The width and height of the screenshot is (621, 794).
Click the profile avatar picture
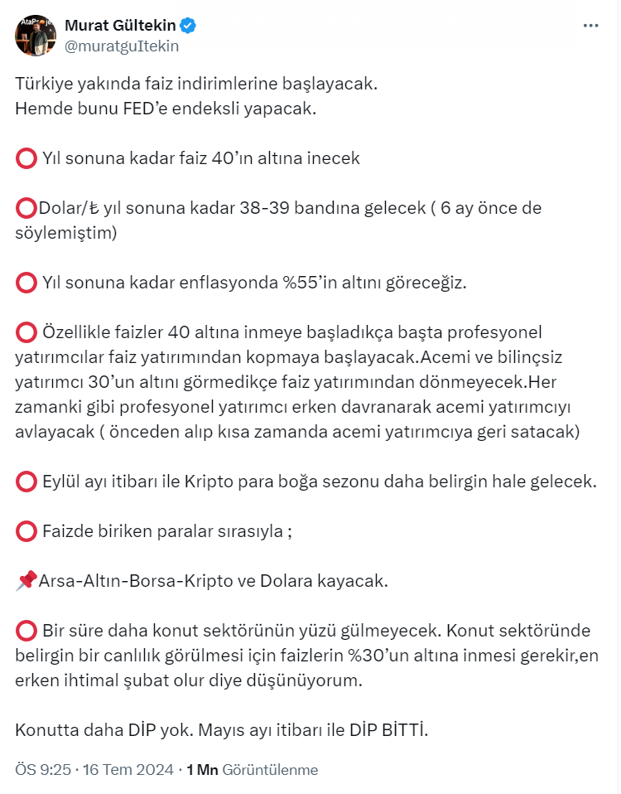point(34,35)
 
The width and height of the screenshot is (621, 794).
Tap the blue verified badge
point(189,27)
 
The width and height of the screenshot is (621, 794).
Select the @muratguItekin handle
point(122,46)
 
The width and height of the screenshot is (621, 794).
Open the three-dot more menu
point(590,27)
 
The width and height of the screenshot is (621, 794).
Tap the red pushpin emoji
point(26,581)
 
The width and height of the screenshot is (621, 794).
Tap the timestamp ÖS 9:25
point(43,770)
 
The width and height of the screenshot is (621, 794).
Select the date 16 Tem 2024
point(126,770)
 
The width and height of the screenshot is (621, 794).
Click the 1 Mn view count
point(202,770)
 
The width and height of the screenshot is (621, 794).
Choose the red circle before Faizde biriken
point(26,531)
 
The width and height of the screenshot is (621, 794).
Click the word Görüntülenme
point(270,770)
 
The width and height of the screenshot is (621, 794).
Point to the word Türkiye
point(42,84)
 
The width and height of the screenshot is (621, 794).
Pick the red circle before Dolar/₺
point(26,208)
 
